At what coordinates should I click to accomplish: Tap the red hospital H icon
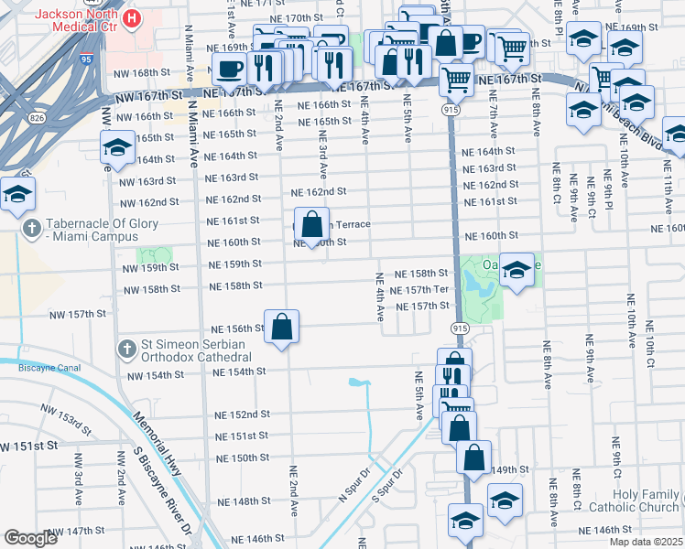click(x=134, y=17)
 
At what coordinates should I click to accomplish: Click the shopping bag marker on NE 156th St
click(x=283, y=326)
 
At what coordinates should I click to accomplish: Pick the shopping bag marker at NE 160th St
click(x=311, y=224)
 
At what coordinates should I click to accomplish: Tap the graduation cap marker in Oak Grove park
click(x=516, y=269)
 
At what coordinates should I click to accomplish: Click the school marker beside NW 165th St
click(x=117, y=148)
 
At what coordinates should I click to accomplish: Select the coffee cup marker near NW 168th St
click(x=229, y=68)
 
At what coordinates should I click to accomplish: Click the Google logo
click(x=30, y=539)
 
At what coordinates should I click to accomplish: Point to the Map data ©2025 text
click(x=646, y=542)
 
